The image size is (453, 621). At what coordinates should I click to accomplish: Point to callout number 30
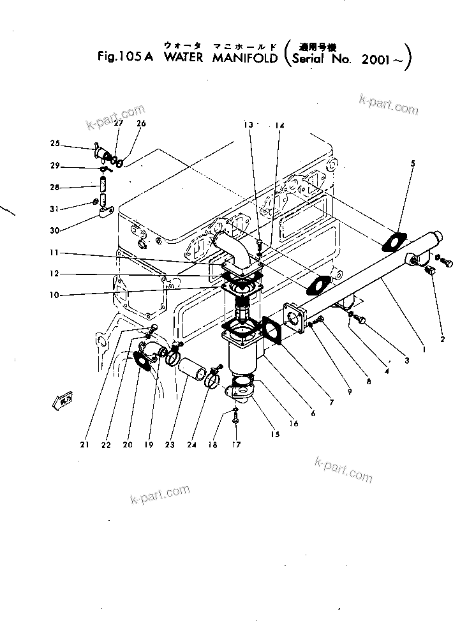coord(56,231)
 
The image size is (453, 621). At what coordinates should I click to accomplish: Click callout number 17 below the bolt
coord(237,445)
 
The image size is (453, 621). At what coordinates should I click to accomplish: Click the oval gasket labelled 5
coord(394,242)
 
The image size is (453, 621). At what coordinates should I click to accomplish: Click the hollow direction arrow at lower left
coord(61,400)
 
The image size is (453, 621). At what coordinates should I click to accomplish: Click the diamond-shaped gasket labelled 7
coord(277,332)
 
